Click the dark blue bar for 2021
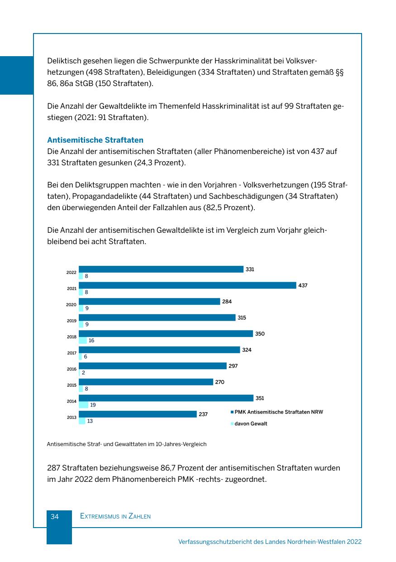tap(187, 285)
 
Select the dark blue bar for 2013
tap(138, 414)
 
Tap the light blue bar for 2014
tap(83, 405)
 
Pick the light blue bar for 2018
tap(82, 341)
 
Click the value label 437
tap(303, 285)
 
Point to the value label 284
tap(227, 302)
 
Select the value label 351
tap(260, 398)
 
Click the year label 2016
tap(72, 369)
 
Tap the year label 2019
tap(72, 321)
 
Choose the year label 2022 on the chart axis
tap(72, 273)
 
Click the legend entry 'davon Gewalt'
tap(251, 424)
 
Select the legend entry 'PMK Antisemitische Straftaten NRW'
tap(279, 412)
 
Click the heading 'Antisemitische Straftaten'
tap(95, 140)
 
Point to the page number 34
tap(55, 516)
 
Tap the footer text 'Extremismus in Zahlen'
tap(115, 516)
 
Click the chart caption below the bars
tap(127, 444)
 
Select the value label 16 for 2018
tap(91, 341)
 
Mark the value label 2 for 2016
tap(84, 373)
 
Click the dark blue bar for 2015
tap(146, 382)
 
